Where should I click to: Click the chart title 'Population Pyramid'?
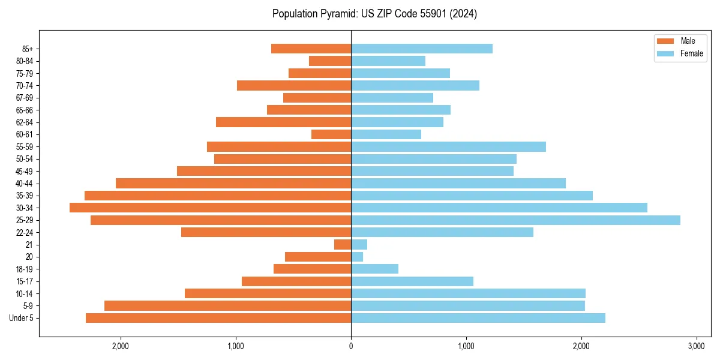pos(374,14)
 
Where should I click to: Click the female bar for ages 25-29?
pos(515,220)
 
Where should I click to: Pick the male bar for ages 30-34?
pos(210,208)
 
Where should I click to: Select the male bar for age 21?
pos(343,245)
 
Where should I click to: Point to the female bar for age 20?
pos(357,257)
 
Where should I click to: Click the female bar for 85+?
pos(422,49)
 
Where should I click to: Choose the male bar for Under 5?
pos(218,318)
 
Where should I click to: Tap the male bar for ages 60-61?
pos(331,134)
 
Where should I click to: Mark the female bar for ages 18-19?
pos(374,269)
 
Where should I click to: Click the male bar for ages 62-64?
pos(283,122)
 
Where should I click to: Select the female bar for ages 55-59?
pos(448,146)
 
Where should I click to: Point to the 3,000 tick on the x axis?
pos(696,346)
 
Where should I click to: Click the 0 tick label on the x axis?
pos(351,346)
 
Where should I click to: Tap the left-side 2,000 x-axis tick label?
pos(121,346)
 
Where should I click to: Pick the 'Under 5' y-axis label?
pos(21,318)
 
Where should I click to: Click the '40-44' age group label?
pos(25,184)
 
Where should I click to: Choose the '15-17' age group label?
pos(25,281)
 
